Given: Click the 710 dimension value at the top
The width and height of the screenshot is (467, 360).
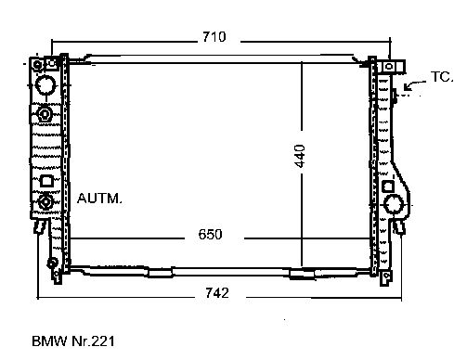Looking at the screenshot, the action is [x=214, y=37].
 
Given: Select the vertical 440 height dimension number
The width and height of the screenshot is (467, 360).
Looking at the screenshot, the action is [x=300, y=156].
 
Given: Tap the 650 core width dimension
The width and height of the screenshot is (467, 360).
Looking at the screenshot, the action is [x=210, y=234].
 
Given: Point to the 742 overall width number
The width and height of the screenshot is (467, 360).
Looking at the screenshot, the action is [x=217, y=292].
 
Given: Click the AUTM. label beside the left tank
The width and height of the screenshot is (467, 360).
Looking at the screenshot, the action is [x=99, y=199].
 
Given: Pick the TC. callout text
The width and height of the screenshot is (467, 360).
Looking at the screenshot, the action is [x=442, y=77].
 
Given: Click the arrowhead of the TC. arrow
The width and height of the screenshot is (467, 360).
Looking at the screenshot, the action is [x=407, y=87].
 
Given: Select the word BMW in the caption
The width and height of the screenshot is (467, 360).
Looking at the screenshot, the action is [x=49, y=341].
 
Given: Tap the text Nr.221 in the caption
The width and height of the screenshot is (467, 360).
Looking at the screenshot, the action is [x=93, y=341].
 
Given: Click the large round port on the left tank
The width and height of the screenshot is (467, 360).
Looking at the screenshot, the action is [x=45, y=84].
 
